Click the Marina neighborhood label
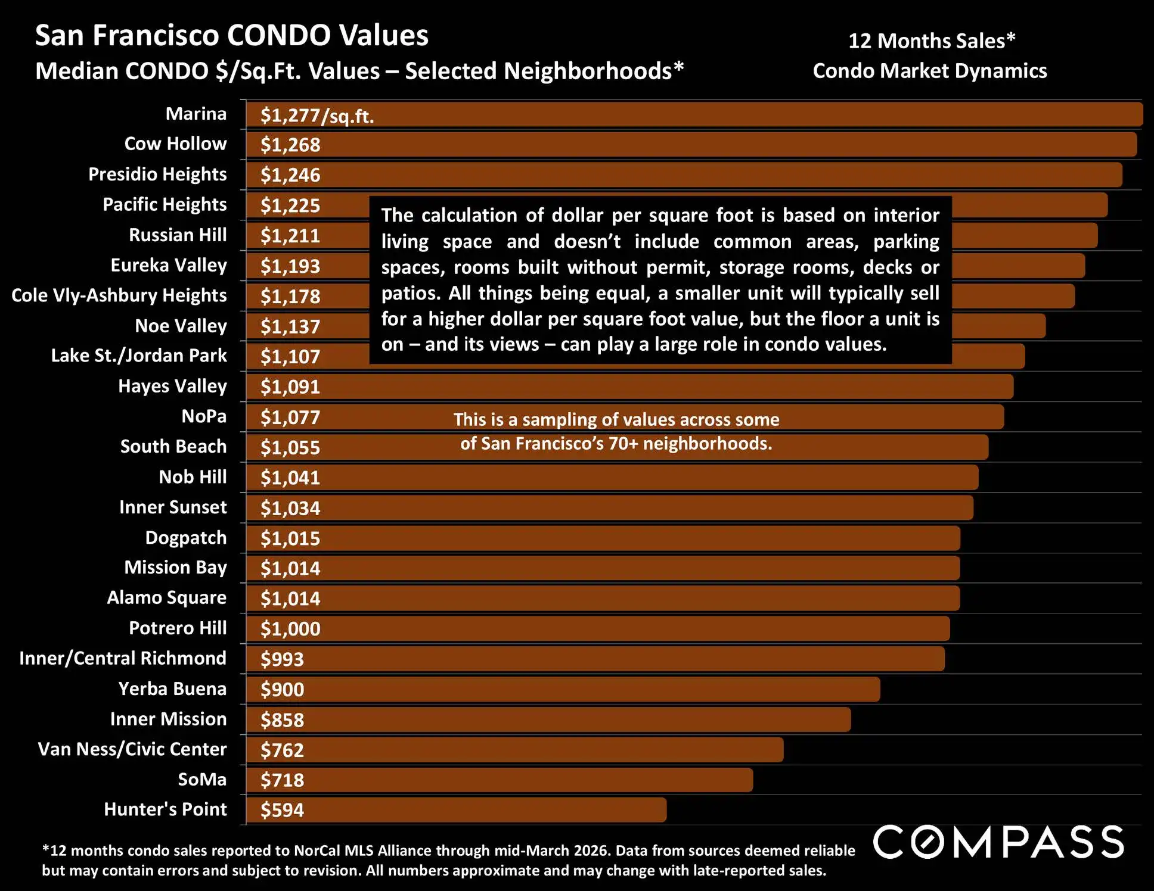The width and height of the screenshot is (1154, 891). tap(196, 114)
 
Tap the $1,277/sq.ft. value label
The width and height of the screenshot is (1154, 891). tap(317, 116)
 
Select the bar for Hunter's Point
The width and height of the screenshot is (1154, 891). tap(456, 810)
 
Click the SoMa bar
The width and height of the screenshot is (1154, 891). tap(500, 780)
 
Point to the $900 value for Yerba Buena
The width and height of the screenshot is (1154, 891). tap(282, 690)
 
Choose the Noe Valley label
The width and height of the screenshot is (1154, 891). tap(181, 326)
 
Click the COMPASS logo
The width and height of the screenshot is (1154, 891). tap(998, 842)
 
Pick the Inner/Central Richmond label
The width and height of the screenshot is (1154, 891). tap(123, 658)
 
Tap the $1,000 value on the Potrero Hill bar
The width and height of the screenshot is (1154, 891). tap(290, 629)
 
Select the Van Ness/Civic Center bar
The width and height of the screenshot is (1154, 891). tap(514, 750)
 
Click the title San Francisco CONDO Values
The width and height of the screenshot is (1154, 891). tap(232, 35)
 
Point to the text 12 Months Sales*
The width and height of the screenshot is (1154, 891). tap(931, 40)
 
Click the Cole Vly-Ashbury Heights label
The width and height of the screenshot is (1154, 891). tap(119, 295)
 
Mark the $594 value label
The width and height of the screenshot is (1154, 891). tap(282, 810)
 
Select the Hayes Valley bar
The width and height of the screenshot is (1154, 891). tap(629, 387)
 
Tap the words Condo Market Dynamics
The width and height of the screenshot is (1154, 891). tap(929, 71)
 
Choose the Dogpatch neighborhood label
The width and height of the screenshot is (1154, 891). tap(185, 538)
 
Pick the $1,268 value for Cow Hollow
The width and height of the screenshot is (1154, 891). tap(290, 145)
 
